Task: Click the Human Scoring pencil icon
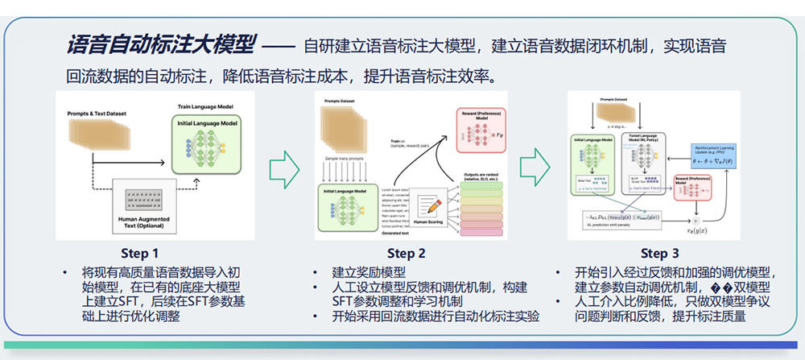pyautogui.click(x=427, y=204)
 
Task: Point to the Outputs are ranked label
pyautogui.click(x=482, y=176)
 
